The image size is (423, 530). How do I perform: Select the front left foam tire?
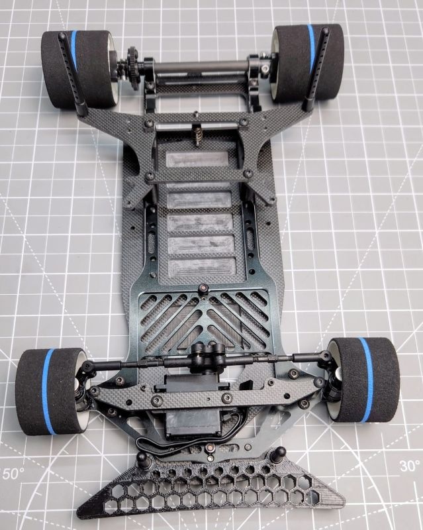point(51,391)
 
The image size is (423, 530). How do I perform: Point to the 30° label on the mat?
point(410,466)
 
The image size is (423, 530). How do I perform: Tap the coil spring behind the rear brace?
point(197,134)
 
